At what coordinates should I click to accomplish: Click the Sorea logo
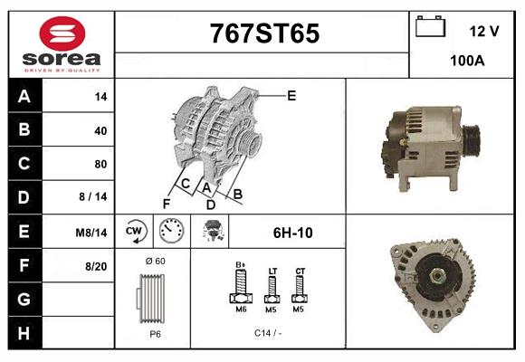pos(61,43)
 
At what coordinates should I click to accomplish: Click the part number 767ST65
pos(264,34)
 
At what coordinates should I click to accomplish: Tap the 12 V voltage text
pos(484,31)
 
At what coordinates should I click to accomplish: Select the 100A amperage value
pos(468,62)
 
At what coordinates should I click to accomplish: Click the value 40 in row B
pos(100,130)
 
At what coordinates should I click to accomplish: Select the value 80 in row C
pos(100,164)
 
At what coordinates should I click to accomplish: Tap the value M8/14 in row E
pos(93,233)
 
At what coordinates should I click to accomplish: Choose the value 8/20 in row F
pos(96,266)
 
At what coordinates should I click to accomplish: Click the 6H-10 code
pos(292,233)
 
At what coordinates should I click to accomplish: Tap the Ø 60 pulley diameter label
pos(155,262)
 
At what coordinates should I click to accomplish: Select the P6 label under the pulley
pos(154,333)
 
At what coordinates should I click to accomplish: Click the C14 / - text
pos(268,333)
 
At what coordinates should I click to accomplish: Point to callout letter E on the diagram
pos(291,95)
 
